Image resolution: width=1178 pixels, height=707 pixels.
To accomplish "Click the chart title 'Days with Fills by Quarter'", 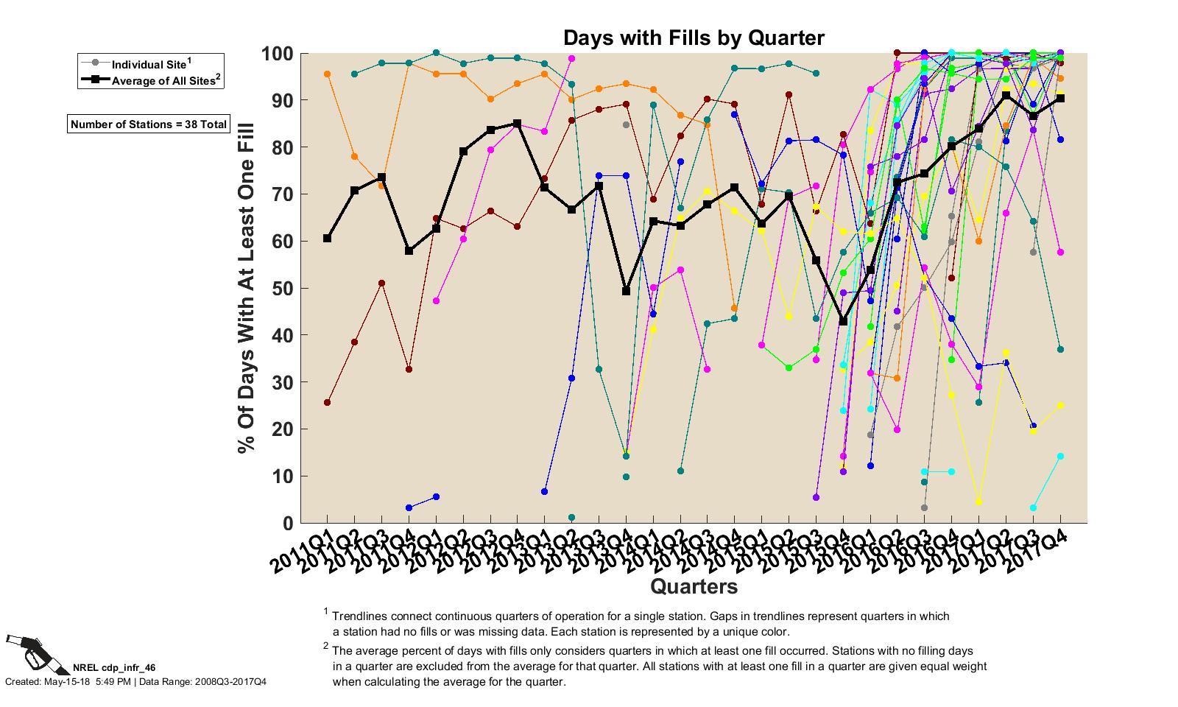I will [x=694, y=38].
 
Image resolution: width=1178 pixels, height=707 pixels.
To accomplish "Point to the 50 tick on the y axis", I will [x=279, y=289].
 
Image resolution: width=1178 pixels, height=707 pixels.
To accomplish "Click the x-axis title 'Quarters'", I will [x=694, y=586].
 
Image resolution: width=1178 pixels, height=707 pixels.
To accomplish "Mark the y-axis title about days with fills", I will [x=246, y=287].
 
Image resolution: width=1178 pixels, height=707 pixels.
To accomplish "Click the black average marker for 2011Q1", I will [x=327, y=239].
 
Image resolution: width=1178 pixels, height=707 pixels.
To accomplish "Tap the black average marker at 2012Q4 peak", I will [x=517, y=124].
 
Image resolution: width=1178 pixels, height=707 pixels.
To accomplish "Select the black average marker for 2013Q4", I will [x=626, y=291].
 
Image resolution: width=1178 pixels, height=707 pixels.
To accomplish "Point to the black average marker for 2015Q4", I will [x=843, y=321].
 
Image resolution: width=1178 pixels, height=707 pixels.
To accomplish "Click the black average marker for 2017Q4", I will [x=1060, y=99].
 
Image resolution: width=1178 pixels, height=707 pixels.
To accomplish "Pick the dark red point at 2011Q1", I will [x=327, y=402].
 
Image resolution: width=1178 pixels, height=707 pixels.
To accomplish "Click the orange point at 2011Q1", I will [x=327, y=74].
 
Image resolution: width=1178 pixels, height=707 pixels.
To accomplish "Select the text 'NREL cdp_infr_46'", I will [x=114, y=667].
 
